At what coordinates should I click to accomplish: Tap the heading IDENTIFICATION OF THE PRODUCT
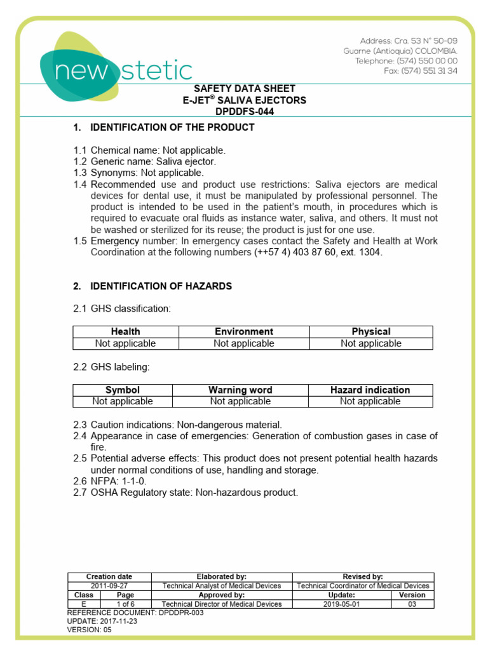172,128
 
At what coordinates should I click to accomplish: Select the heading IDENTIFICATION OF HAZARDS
161,286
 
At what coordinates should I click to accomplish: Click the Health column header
126,331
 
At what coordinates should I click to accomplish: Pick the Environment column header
244,331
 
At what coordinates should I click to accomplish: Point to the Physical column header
371,331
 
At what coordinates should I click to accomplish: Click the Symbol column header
123,390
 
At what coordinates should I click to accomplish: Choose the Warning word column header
240,390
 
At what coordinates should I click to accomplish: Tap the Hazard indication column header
370,390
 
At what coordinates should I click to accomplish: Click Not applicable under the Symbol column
123,401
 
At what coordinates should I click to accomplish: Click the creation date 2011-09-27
109,586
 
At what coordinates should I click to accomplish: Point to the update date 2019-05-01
342,604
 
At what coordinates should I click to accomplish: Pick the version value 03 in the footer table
412,604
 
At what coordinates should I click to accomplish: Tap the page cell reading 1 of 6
125,604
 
